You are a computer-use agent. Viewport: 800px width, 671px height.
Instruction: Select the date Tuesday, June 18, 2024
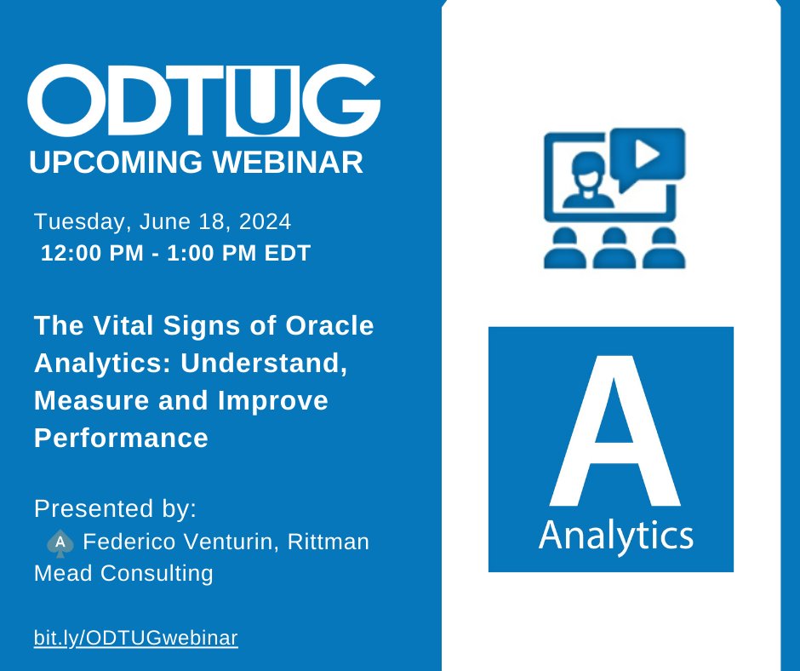coord(163,222)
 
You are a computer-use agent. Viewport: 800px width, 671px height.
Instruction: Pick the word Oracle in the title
coord(328,325)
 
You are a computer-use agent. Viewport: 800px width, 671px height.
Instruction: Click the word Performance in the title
coord(121,438)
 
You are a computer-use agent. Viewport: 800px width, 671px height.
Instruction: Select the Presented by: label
coord(115,509)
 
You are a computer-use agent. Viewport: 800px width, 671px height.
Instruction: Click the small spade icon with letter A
coord(60,542)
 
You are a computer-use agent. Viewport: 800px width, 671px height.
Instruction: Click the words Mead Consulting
coord(123,574)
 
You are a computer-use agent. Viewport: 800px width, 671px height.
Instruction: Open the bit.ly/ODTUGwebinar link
coord(135,637)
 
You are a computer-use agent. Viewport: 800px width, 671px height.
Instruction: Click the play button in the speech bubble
coord(648,155)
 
